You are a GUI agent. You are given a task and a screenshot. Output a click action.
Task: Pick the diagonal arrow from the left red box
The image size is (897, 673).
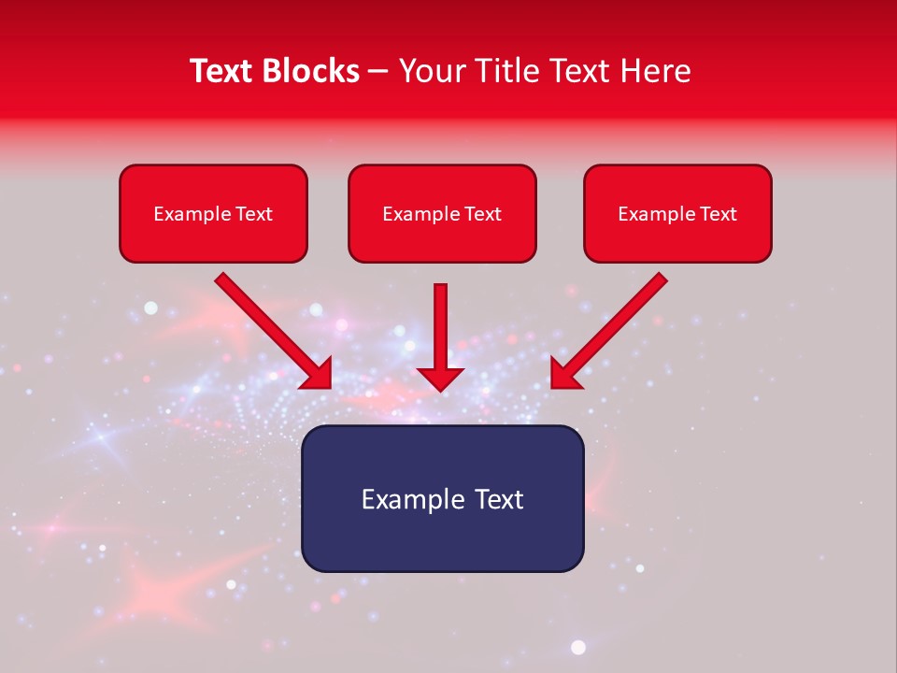pyautogui.click(x=271, y=329)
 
